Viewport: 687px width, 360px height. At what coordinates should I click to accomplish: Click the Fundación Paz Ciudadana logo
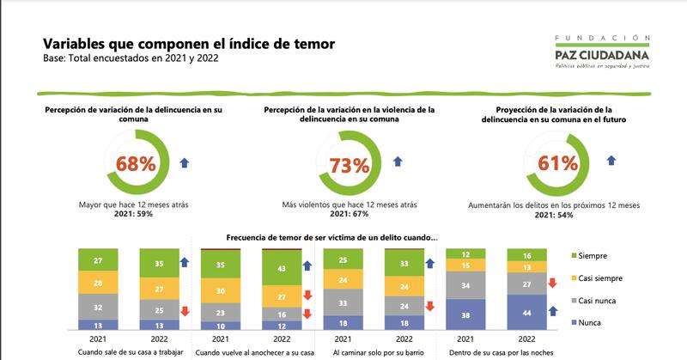pyautogui.click(x=602, y=51)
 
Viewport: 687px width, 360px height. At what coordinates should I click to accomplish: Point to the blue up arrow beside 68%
pyautogui.click(x=186, y=162)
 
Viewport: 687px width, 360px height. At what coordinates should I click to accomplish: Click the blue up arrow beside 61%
pyautogui.click(x=611, y=161)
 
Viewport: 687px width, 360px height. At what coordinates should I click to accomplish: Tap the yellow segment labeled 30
pyautogui.click(x=222, y=292)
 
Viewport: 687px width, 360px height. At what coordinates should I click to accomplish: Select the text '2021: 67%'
pyautogui.click(x=350, y=215)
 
